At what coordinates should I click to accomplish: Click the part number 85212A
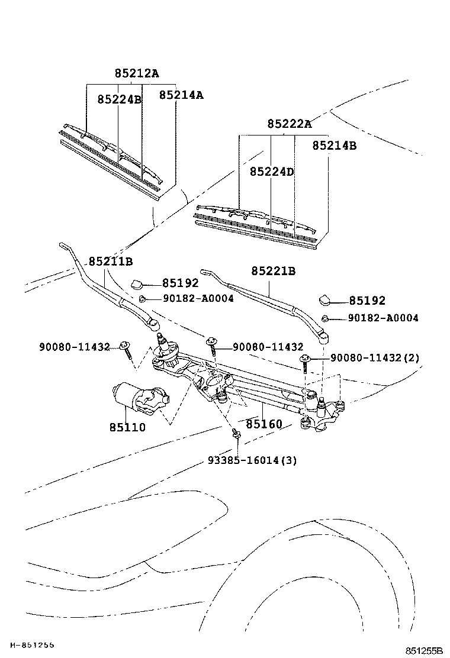click(137, 73)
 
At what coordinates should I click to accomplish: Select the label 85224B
click(120, 99)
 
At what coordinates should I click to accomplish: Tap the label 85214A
click(181, 95)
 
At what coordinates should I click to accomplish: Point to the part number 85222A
click(290, 124)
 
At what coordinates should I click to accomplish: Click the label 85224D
click(272, 172)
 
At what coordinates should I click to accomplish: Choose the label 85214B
click(334, 145)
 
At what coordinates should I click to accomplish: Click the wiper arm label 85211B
click(111, 262)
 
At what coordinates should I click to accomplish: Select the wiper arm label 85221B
click(274, 271)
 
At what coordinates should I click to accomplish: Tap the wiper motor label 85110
click(128, 427)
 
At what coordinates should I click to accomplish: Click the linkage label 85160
click(264, 424)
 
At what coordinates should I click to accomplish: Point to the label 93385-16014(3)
click(252, 460)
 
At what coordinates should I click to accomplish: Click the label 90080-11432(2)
click(375, 357)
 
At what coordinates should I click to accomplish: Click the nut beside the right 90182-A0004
click(325, 318)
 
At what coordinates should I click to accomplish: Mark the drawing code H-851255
click(33, 645)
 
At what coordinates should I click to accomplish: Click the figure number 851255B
click(424, 651)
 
